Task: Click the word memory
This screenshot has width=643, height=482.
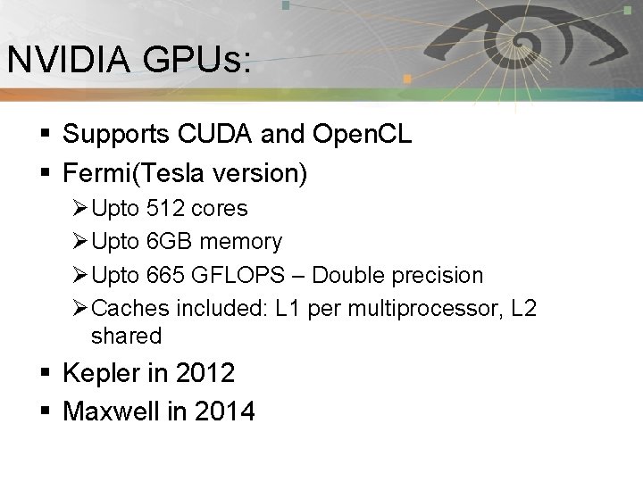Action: click(242, 242)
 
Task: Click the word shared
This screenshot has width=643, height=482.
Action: click(127, 337)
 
